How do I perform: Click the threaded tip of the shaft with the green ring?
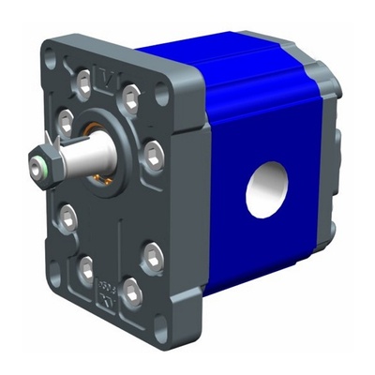36,169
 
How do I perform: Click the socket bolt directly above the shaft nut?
65,121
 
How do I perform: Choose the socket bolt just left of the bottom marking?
86,272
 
